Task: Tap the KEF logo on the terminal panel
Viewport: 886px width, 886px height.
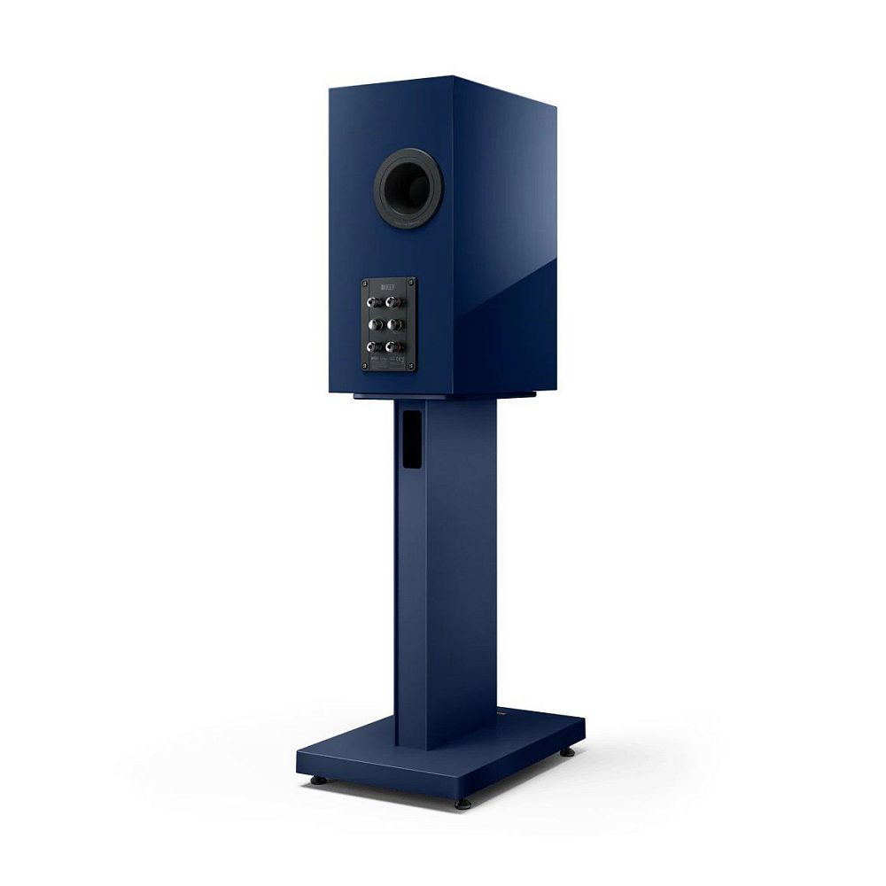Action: pyautogui.click(x=387, y=287)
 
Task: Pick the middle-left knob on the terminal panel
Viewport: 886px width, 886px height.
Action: pyautogui.click(x=373, y=324)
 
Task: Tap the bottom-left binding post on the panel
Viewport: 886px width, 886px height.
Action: pyautogui.click(x=372, y=346)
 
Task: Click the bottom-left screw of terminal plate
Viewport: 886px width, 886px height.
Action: pyautogui.click(x=364, y=365)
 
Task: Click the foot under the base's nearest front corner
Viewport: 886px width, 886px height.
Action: pyautogui.click(x=462, y=803)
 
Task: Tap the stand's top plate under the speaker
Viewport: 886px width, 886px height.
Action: pyautogui.click(x=443, y=393)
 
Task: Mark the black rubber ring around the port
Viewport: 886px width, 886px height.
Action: pyautogui.click(x=383, y=190)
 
